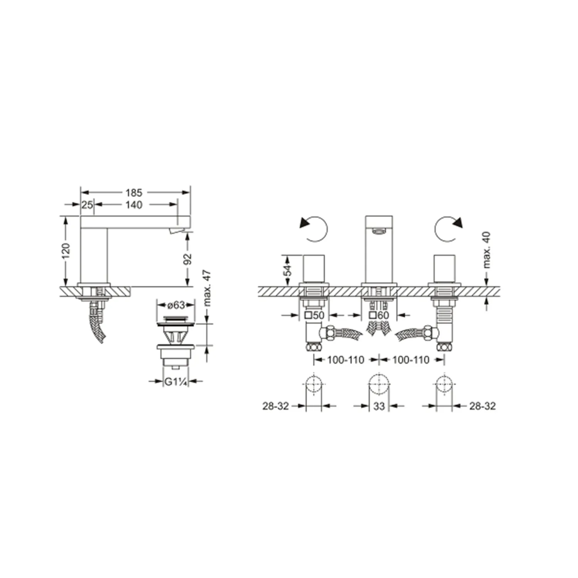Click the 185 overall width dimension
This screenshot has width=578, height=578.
point(134,192)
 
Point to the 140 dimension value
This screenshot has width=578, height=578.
point(134,205)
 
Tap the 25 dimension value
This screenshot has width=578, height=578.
point(87,205)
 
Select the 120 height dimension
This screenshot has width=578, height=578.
point(66,250)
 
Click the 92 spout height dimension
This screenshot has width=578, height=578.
point(188,259)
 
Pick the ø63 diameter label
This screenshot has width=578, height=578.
point(176,305)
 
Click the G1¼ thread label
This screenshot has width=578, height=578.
point(176,381)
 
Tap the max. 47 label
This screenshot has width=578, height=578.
point(207,288)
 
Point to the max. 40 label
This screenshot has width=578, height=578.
point(486,250)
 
